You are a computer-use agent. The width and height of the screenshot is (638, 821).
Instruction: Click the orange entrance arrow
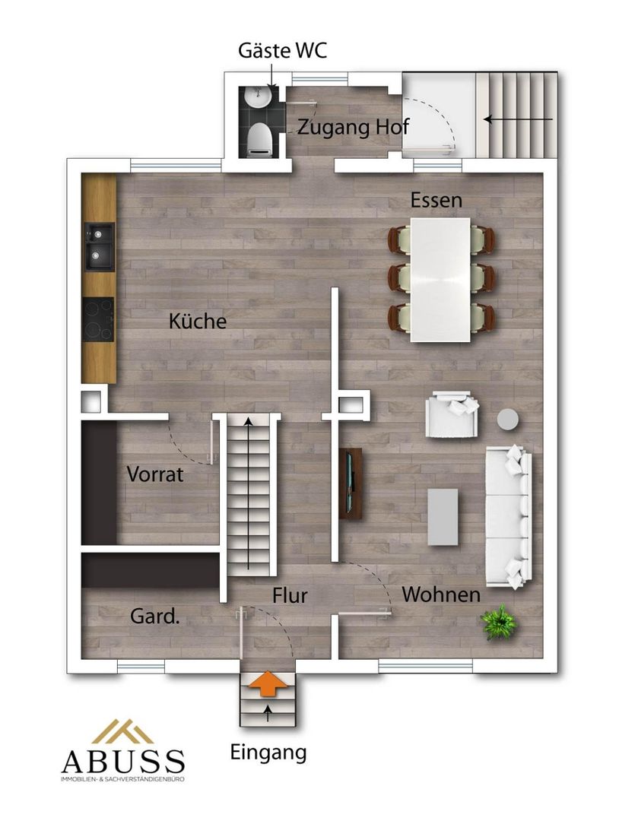(268, 683)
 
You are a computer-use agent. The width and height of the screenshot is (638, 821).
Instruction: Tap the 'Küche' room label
(198, 321)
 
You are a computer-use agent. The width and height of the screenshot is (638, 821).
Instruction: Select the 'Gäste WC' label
(282, 50)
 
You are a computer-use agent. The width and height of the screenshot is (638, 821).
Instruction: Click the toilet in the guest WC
(259, 139)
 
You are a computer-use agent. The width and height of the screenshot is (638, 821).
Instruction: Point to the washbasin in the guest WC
(259, 97)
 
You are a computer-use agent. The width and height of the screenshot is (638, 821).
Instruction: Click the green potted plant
(499, 622)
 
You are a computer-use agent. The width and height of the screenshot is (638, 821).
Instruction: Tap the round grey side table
(507, 419)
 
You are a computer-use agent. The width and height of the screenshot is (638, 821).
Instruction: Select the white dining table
(440, 280)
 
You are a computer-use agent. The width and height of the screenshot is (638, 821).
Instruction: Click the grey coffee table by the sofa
(443, 517)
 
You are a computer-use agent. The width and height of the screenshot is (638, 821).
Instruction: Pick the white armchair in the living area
(452, 414)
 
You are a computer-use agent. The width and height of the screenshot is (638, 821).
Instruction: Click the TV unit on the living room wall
(351, 483)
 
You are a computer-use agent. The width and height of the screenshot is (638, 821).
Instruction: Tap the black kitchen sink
(99, 246)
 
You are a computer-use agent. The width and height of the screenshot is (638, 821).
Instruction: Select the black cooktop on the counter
(99, 319)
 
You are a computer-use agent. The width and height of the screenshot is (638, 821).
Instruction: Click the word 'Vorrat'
(155, 474)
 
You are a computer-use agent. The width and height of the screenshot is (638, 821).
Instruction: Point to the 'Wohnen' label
(441, 594)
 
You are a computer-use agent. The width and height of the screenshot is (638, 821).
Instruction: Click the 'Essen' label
(436, 200)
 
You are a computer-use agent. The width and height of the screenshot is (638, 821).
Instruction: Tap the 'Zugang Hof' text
(353, 127)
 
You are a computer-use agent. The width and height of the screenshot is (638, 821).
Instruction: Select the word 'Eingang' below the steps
(268, 753)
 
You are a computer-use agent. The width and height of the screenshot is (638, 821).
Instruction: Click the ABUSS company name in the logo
(123, 762)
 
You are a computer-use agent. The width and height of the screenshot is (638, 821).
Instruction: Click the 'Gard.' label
(155, 617)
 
